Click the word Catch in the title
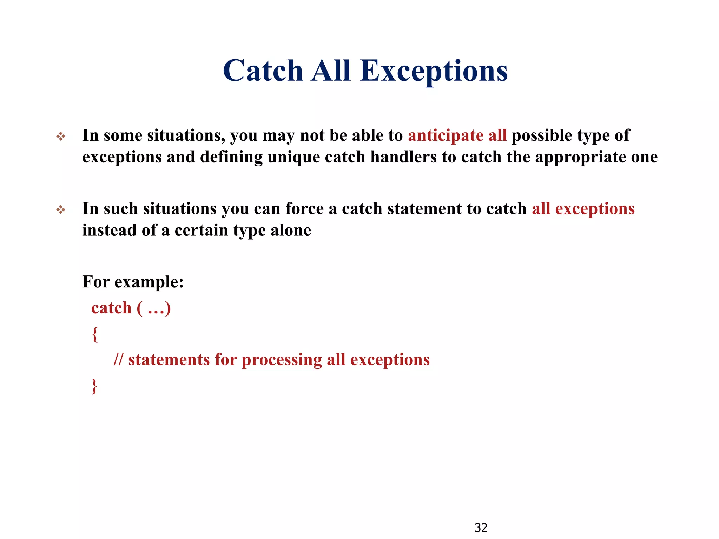263,71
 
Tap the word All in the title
331,71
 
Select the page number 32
481,527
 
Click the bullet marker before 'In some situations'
61,137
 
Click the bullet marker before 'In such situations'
61,210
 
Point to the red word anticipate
446,136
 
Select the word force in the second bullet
304,209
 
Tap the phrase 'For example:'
133,282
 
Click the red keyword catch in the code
111,308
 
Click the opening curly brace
94,334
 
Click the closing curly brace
94,386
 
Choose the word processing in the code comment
282,360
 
